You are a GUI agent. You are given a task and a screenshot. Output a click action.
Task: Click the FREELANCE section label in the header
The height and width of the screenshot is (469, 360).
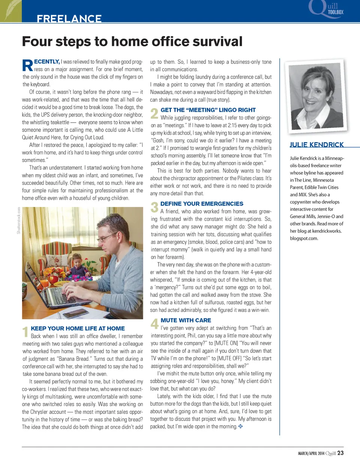pyautogui.click(x=69, y=18)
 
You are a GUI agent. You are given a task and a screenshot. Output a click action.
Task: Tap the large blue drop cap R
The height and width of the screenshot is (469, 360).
pyautogui.click(x=28, y=65)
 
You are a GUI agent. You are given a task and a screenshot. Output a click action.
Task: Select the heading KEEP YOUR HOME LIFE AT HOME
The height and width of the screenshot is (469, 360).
pyautogui.click(x=78, y=328)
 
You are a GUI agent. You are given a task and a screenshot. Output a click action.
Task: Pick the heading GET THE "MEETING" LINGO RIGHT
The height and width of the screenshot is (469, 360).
pyautogui.click(x=208, y=110)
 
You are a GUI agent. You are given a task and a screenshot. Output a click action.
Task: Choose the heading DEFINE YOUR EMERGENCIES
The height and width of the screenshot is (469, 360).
pyautogui.click(x=202, y=204)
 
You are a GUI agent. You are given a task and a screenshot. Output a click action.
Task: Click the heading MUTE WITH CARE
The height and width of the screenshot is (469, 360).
pyautogui.click(x=186, y=320)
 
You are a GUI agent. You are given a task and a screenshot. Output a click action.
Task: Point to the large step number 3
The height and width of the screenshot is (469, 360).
pyautogui.click(x=154, y=207)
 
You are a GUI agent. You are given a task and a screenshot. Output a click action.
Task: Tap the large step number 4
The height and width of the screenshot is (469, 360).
pyautogui.click(x=154, y=324)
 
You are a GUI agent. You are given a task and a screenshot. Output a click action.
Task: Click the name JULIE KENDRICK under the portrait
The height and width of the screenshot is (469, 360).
pyautogui.click(x=316, y=145)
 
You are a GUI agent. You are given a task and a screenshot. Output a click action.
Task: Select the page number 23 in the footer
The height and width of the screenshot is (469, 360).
pyautogui.click(x=340, y=453)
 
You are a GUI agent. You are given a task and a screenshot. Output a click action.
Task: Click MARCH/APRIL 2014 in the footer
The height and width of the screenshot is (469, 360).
pyautogui.click(x=311, y=453)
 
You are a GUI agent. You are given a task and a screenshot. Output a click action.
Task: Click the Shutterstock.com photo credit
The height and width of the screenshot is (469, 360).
pyautogui.click(x=19, y=220)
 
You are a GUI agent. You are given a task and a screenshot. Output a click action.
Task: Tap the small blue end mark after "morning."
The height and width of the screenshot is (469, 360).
pyautogui.click(x=240, y=426)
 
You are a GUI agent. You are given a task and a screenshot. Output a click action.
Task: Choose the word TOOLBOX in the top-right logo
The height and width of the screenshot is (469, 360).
pyautogui.click(x=336, y=12)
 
